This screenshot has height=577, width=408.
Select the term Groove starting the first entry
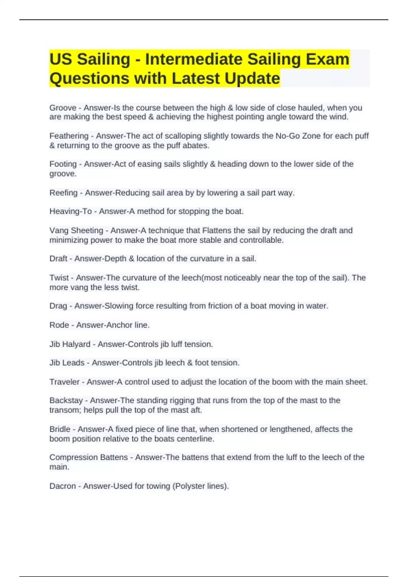point(63,108)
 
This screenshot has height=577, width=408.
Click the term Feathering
point(69,136)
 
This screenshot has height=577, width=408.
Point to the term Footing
point(63,164)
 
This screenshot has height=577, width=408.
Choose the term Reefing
point(63,193)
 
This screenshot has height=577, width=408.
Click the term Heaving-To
point(70,211)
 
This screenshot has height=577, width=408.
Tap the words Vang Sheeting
point(76,230)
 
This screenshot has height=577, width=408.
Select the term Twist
point(59,278)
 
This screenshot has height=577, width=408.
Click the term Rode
point(59,325)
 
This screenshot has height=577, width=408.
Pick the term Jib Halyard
point(70,344)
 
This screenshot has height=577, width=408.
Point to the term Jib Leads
point(67,363)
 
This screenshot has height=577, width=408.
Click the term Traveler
point(64,382)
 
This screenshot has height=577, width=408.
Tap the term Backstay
point(66,401)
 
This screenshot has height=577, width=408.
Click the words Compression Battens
point(88,458)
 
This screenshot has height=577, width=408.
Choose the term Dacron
point(63,486)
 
